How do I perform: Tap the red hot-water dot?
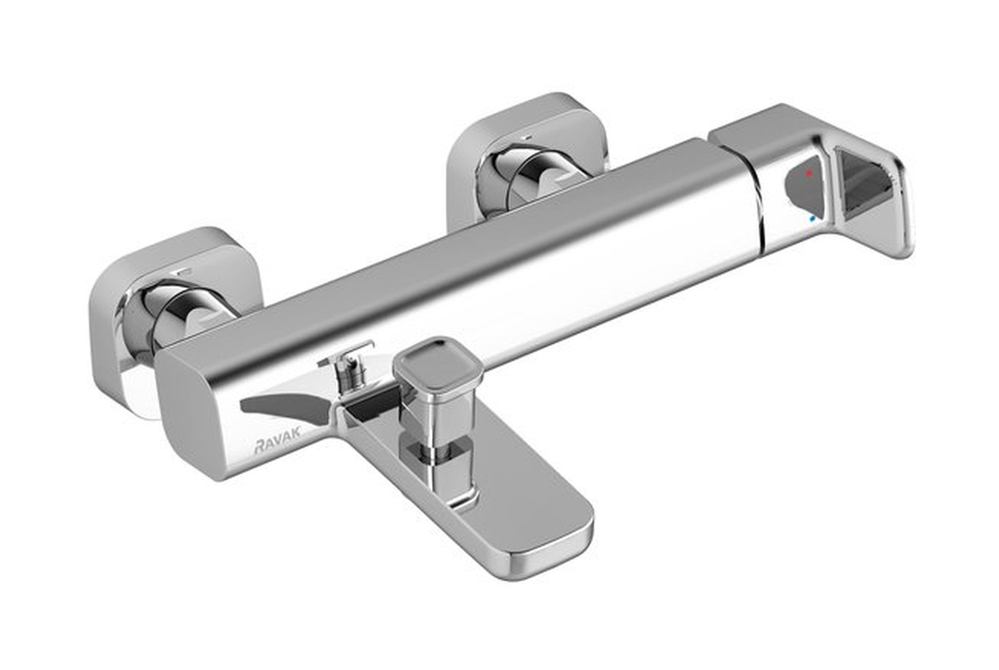(x=808, y=173)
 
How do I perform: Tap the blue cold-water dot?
(x=811, y=219)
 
